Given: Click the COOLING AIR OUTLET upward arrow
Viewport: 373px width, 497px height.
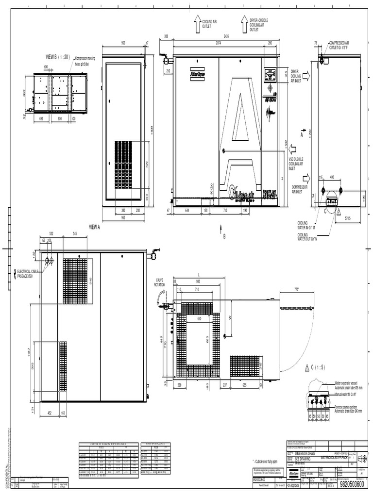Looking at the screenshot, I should click(x=198, y=24).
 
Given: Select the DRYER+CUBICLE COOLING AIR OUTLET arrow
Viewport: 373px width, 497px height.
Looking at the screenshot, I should click(x=244, y=24).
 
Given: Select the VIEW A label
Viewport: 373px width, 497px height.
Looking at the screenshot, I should click(x=94, y=227).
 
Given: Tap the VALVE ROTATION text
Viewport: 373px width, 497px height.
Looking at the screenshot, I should click(x=160, y=282).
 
